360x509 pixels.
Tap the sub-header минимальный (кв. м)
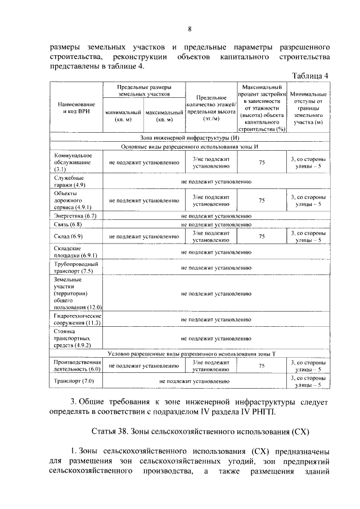tap(123, 116)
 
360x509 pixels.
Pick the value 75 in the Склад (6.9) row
tap(262, 237)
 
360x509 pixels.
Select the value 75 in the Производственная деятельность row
tap(262, 366)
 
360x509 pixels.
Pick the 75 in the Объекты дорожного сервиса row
tap(262, 200)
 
